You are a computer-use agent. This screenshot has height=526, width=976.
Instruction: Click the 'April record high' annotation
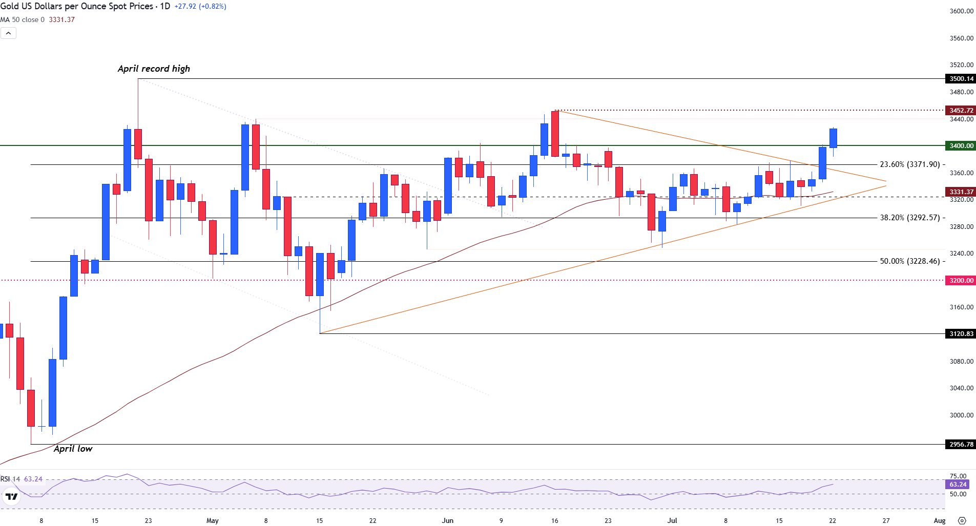pyautogui.click(x=154, y=69)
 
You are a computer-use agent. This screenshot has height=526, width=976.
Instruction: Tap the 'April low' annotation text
pyautogui.click(x=73, y=449)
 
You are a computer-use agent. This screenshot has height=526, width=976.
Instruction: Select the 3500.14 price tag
pyautogui.click(x=961, y=79)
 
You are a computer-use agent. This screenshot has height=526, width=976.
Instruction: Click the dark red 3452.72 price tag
pyautogui.click(x=961, y=111)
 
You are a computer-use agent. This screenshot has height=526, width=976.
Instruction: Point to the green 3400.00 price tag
pyautogui.click(x=961, y=146)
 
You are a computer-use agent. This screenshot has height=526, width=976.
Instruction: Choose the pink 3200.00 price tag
pyautogui.click(x=961, y=281)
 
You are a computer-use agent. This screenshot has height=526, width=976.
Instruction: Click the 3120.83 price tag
pyautogui.click(x=961, y=334)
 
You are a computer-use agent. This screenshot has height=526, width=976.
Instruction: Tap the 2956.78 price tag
pyautogui.click(x=961, y=445)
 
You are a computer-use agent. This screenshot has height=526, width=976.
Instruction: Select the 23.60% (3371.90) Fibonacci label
pyautogui.click(x=910, y=164)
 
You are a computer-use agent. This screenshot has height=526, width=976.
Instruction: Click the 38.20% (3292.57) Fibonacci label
pyautogui.click(x=910, y=218)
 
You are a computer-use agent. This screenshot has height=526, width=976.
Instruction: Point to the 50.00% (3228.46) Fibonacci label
pyautogui.click(x=910, y=261)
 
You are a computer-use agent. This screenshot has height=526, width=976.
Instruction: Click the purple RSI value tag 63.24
pyautogui.click(x=958, y=485)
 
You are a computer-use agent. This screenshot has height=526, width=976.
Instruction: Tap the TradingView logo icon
pyautogui.click(x=11, y=496)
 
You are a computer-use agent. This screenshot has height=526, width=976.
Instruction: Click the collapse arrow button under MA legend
pyautogui.click(x=9, y=33)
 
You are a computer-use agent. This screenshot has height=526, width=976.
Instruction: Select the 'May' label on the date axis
pyautogui.click(x=212, y=521)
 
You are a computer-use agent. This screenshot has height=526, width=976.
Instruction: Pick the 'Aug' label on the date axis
pyautogui.click(x=939, y=521)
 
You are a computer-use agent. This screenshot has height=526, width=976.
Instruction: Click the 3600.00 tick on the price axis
pyautogui.click(x=961, y=11)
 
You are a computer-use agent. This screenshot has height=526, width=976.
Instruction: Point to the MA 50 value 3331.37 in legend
pyautogui.click(x=61, y=20)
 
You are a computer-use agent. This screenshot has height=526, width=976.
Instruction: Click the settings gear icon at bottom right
pyautogui.click(x=962, y=521)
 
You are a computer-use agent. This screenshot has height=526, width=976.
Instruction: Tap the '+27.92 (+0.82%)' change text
pyautogui.click(x=200, y=7)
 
